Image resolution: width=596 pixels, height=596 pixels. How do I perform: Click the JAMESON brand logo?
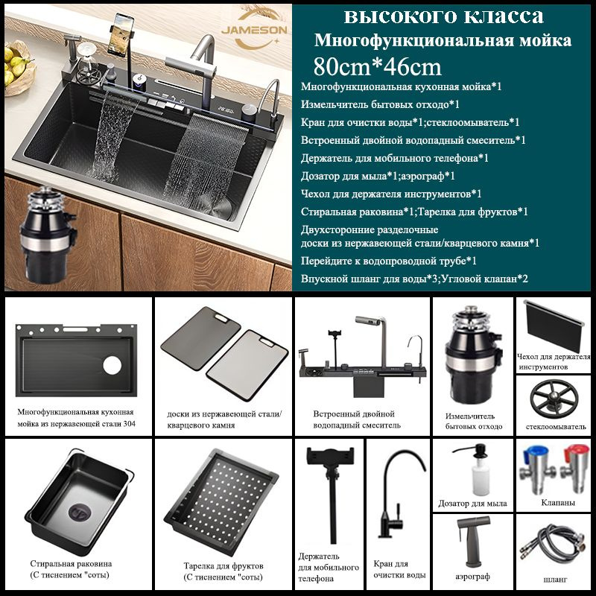(x=254, y=30)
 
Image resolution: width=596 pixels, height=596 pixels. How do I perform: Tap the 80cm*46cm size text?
(x=378, y=67)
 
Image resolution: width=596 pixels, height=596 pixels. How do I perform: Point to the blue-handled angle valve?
(x=537, y=469)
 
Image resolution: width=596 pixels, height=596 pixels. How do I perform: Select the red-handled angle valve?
(x=574, y=467)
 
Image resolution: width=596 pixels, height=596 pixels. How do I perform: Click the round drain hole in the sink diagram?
(x=112, y=366)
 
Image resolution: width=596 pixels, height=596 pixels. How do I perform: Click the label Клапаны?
(x=557, y=502)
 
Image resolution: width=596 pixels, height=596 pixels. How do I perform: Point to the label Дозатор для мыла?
(x=472, y=504)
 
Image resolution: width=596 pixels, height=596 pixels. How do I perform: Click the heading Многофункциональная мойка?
(x=443, y=40)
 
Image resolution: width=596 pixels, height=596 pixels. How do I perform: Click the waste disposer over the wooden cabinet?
(x=48, y=234)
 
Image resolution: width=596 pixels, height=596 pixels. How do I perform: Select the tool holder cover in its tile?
(x=554, y=326)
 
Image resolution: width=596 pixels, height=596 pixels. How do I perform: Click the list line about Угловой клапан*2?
(x=414, y=279)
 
